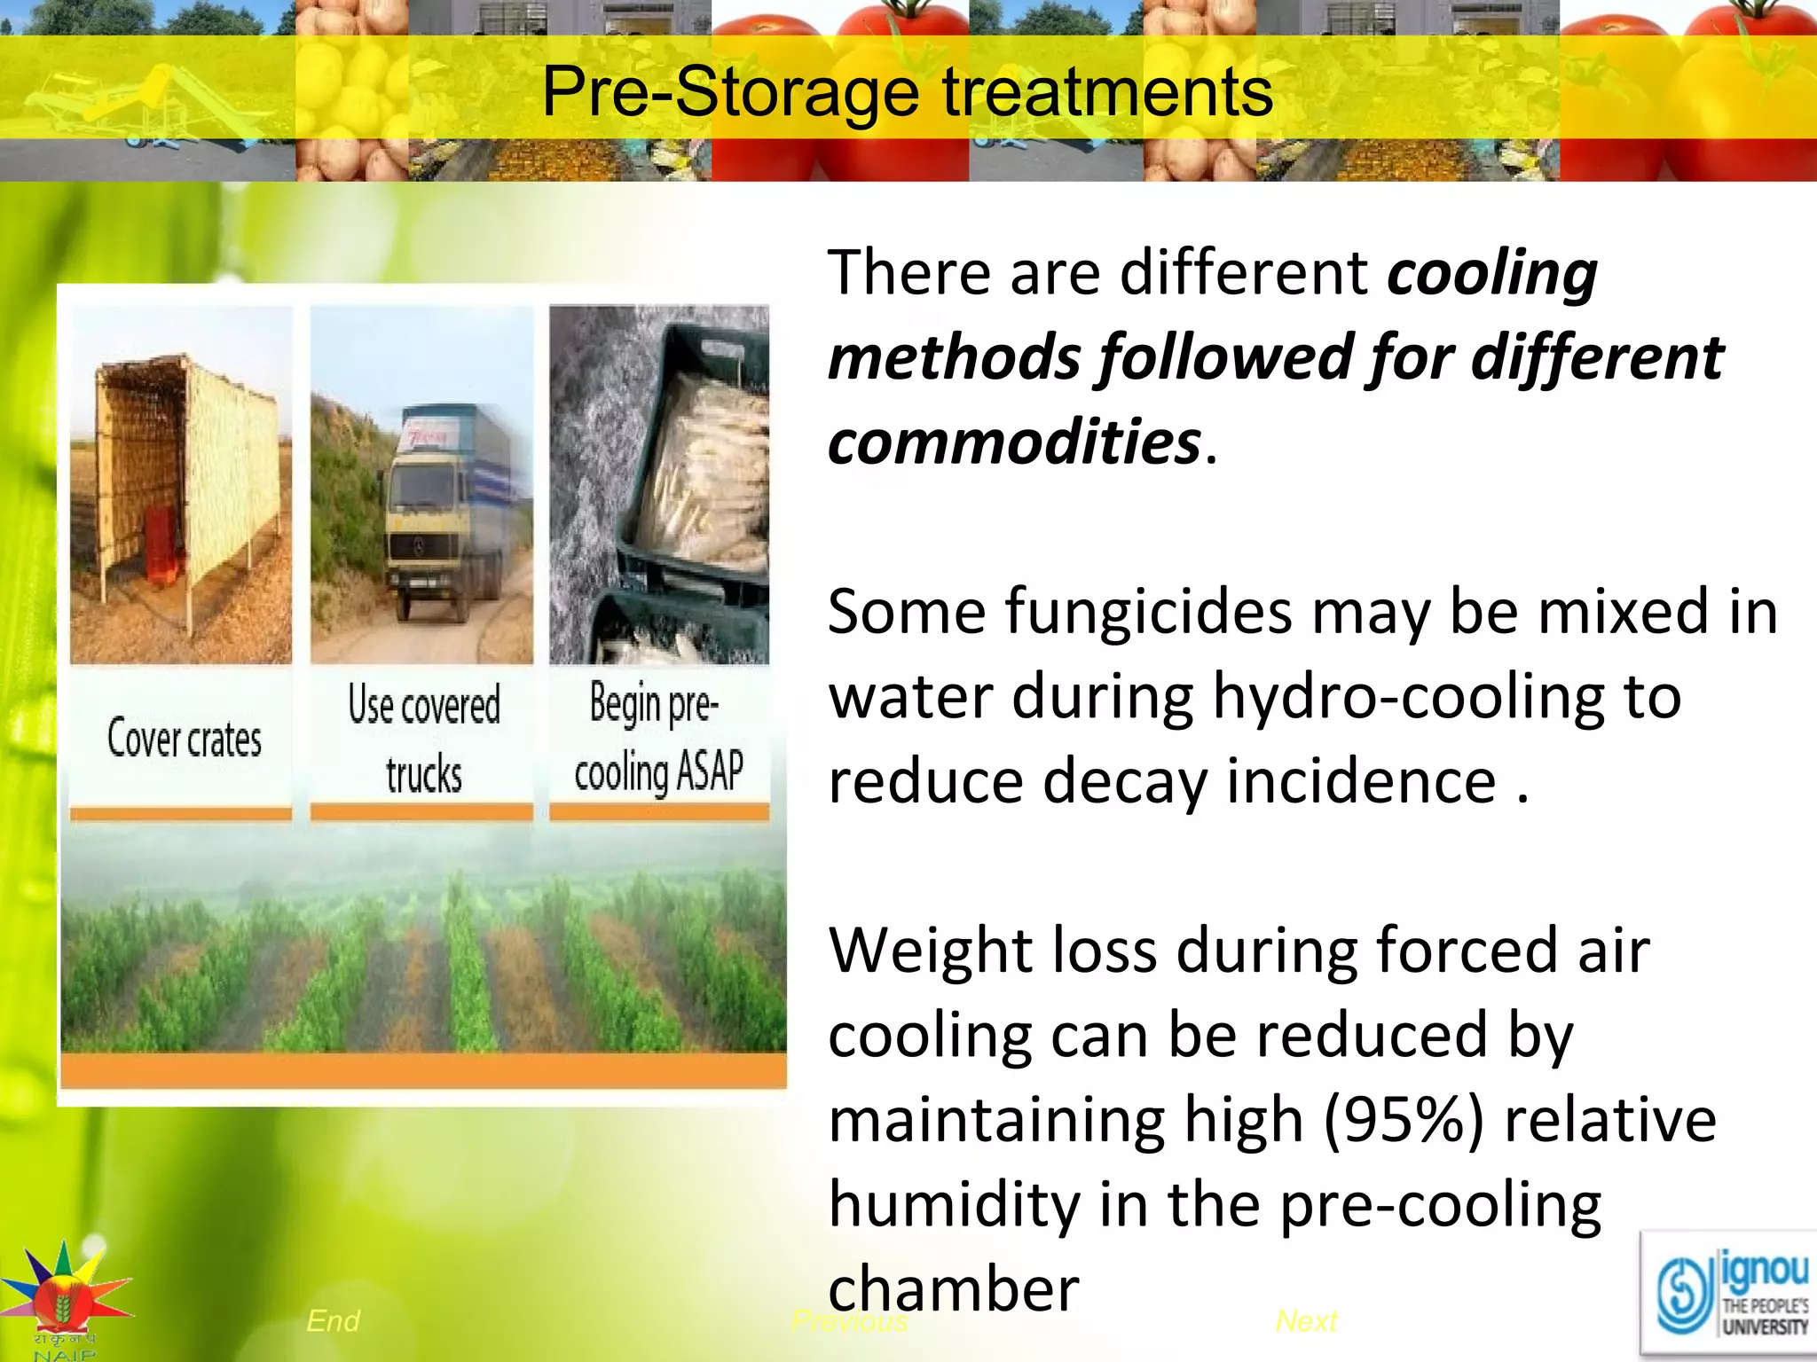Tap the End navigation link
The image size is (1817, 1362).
(333, 1320)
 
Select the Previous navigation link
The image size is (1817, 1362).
(849, 1321)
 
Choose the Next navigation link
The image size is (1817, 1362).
(1306, 1321)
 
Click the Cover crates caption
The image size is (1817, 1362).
(185, 739)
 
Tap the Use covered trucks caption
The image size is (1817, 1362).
(424, 740)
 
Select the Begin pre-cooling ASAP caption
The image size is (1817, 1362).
(658, 738)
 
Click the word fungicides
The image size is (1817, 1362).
(1139, 614)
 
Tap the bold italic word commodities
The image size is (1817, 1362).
(1014, 442)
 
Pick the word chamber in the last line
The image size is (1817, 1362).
(954, 1289)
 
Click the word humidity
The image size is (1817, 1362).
(955, 1204)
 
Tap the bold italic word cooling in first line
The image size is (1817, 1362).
(1492, 272)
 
